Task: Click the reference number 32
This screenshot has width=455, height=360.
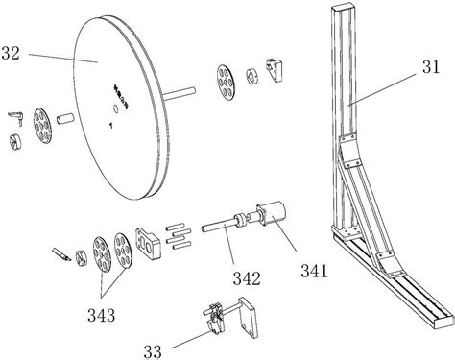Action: click(11, 54)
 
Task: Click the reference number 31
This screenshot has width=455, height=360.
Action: click(431, 67)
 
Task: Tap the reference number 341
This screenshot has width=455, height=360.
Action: click(314, 272)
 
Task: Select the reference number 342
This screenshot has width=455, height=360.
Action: click(247, 278)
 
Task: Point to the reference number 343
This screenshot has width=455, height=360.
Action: click(101, 316)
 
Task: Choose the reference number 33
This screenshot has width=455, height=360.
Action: click(153, 352)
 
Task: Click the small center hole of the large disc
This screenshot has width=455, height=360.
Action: click(115, 108)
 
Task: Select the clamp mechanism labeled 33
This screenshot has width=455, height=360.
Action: click(216, 319)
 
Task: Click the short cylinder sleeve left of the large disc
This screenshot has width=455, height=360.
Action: click(65, 119)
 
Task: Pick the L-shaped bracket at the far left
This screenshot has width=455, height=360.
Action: click(16, 117)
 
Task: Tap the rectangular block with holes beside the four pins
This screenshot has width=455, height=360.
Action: click(148, 243)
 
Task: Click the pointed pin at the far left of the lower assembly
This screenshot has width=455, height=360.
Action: click(61, 253)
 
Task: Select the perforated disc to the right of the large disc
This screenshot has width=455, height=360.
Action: click(226, 83)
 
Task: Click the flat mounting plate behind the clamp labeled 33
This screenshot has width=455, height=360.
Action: click(248, 317)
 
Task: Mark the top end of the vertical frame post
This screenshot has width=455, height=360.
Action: click(343, 7)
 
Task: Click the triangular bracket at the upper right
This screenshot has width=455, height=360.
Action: click(275, 70)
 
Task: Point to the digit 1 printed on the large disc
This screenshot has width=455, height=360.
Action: click(110, 126)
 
